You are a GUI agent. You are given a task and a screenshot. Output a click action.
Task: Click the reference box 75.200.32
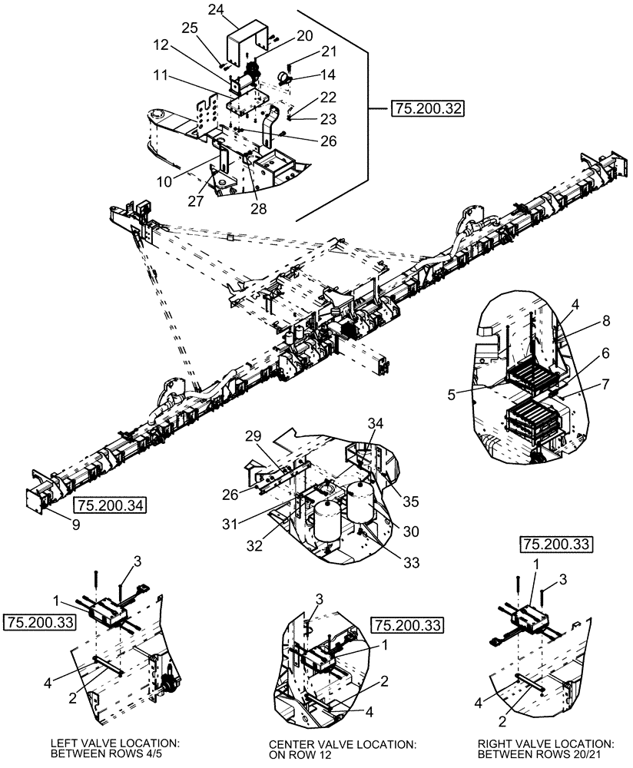[426, 109]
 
